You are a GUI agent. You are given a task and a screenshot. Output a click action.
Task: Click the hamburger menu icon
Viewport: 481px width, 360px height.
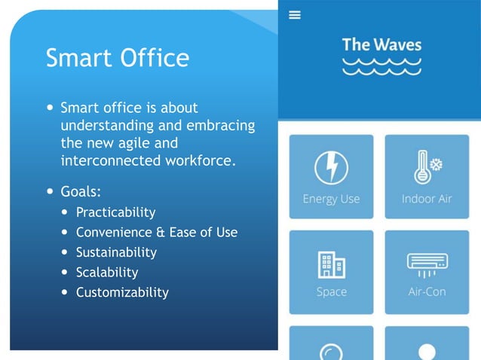point(295,15)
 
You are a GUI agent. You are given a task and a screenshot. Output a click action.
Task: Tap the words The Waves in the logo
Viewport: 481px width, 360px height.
point(381,44)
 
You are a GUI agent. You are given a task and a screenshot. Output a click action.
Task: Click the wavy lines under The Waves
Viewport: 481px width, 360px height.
point(381,66)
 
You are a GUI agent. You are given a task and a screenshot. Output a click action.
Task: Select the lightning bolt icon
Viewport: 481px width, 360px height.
point(331,167)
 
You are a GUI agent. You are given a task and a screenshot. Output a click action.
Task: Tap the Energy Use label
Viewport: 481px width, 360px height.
point(331,199)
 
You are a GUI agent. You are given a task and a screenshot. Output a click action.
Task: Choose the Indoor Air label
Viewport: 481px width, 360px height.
point(427,199)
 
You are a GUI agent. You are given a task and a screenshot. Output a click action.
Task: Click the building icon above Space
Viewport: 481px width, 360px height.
point(331,264)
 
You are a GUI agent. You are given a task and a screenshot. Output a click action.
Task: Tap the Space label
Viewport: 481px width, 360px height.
point(331,291)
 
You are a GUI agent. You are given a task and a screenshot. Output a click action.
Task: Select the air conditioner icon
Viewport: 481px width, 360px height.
point(427,264)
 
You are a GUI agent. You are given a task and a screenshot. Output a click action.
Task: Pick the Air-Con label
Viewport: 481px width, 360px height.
point(427,291)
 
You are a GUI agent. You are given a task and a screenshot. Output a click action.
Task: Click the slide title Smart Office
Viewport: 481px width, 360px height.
point(117,58)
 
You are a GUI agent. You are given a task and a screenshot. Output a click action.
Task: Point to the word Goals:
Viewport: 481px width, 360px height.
point(81,191)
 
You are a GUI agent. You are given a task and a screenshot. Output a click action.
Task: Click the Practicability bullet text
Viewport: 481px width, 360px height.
point(115,212)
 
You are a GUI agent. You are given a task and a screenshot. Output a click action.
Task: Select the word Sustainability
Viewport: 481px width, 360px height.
point(116,252)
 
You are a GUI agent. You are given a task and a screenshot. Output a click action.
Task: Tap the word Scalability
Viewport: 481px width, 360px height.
point(107,272)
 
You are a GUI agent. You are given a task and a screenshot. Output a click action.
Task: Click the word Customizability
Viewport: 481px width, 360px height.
point(122,292)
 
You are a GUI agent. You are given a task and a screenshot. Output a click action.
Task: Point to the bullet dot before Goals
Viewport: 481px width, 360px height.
point(50,191)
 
